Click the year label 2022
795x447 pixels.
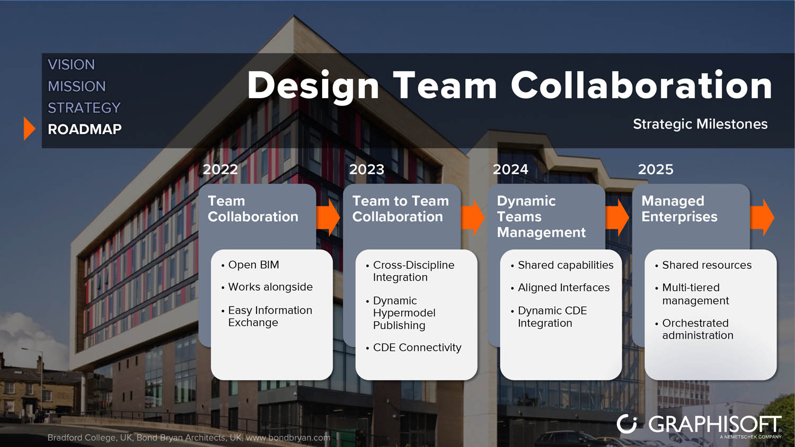point(220,169)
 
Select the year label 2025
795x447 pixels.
point(656,169)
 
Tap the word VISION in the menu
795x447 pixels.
point(72,65)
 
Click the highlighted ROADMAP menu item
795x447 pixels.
point(85,129)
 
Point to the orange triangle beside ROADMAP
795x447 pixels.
point(29,128)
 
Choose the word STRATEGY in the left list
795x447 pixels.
point(84,108)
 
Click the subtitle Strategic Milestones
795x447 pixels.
point(700,124)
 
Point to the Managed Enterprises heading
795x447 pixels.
point(679,209)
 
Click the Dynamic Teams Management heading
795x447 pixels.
point(541,216)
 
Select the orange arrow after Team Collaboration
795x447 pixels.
point(328,217)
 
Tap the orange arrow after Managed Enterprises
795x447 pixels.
point(762,217)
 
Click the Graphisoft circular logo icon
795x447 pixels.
point(627,424)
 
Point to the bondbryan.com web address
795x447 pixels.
point(288,437)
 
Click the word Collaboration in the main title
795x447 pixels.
point(641,85)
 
